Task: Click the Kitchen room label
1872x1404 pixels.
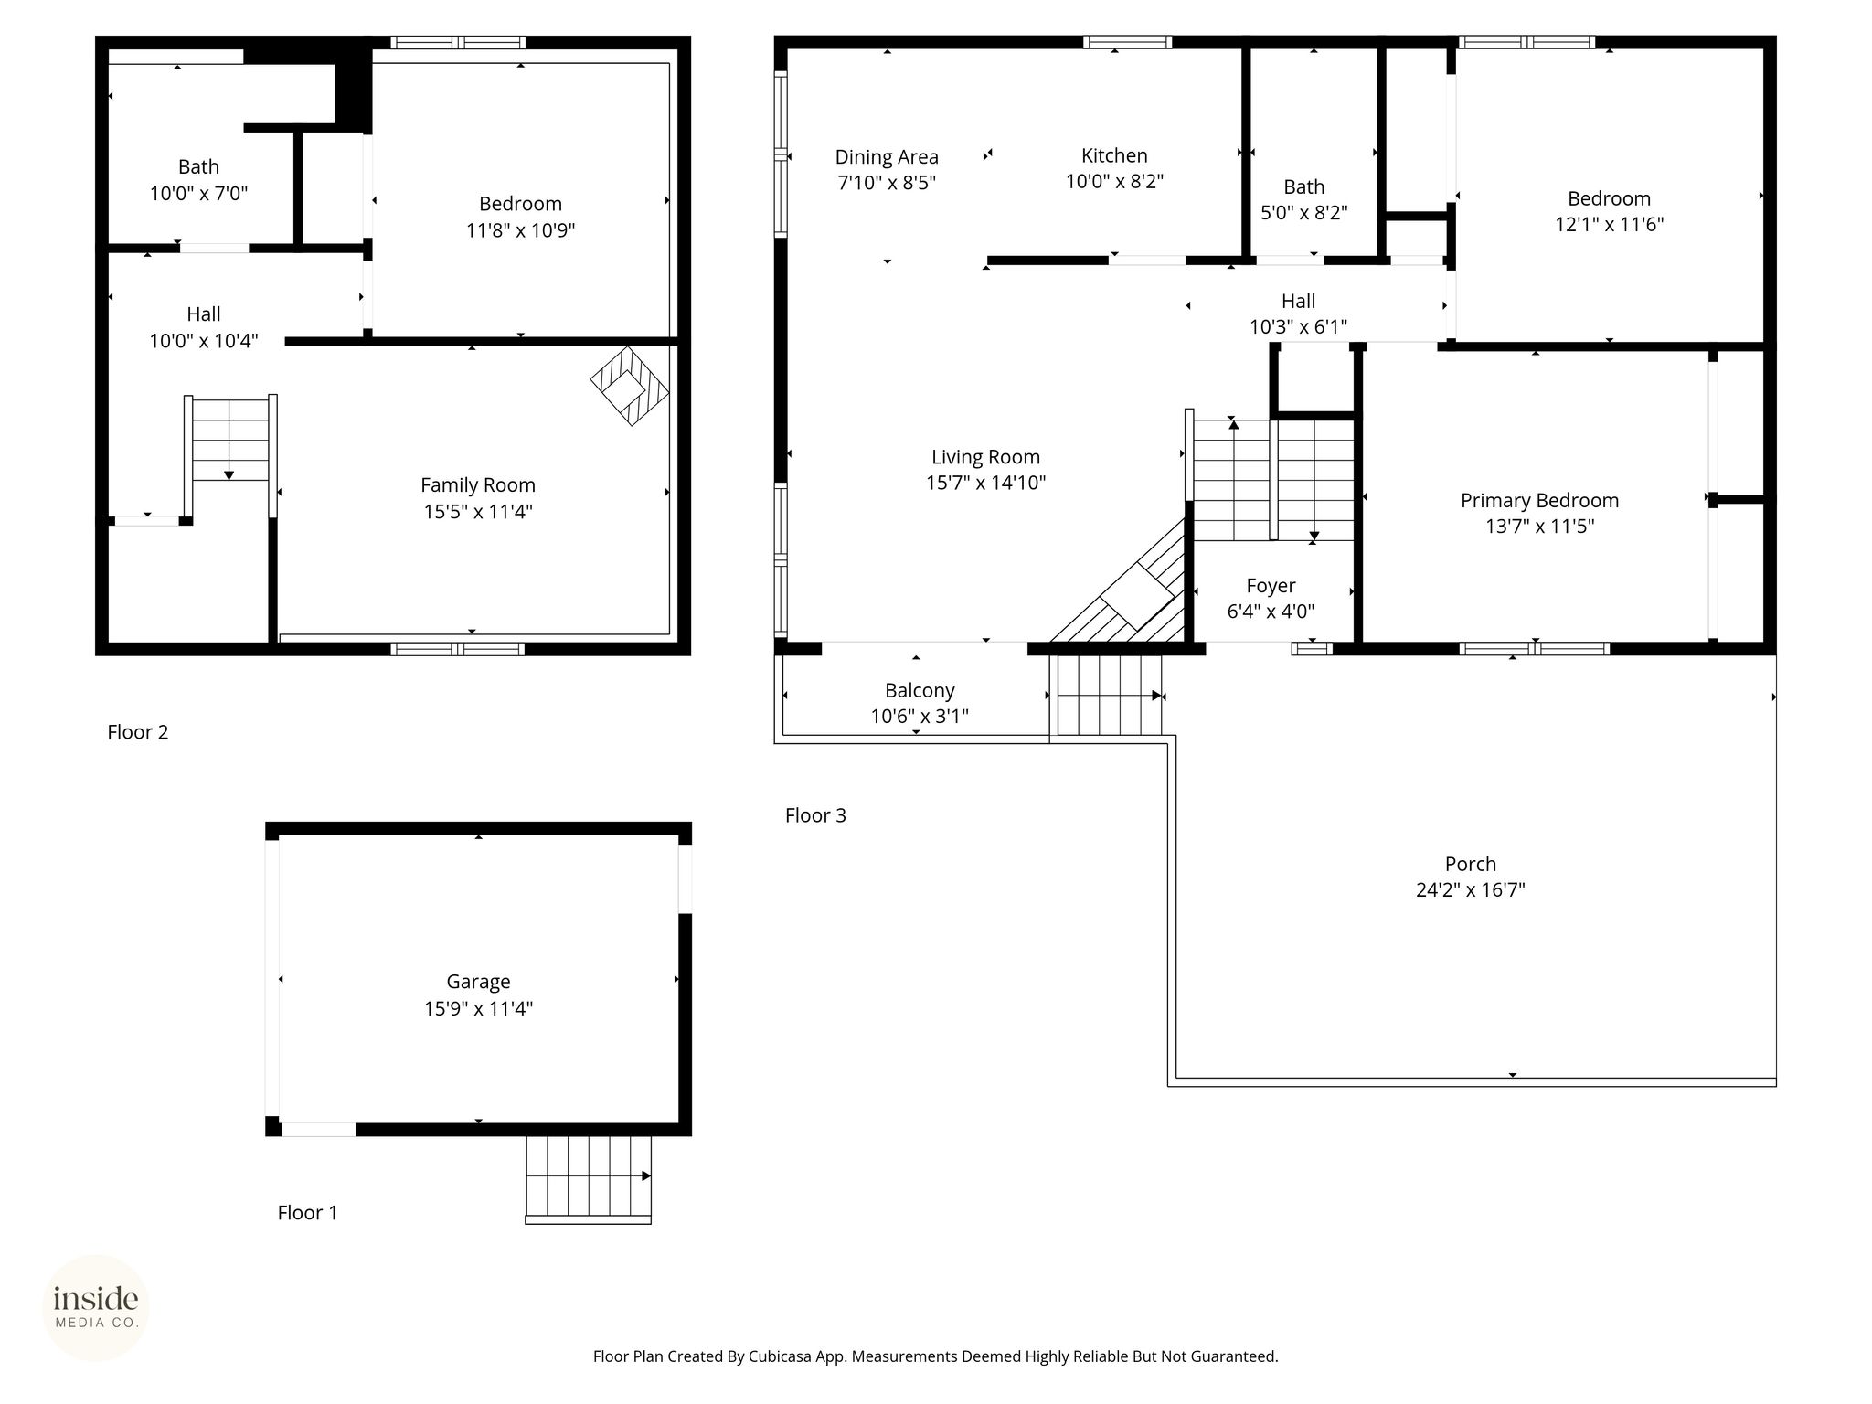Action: click(x=1114, y=155)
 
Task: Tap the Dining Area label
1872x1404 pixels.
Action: click(x=887, y=157)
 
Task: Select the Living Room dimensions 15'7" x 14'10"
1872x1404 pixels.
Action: click(x=985, y=483)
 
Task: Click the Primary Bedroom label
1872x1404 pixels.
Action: click(x=1539, y=501)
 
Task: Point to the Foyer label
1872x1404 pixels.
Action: click(x=1271, y=586)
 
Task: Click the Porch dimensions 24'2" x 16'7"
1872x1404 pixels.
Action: click(x=1471, y=889)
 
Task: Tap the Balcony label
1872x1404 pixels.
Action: click(x=920, y=691)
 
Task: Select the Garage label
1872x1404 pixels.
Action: click(x=478, y=982)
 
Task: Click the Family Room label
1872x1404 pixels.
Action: click(x=478, y=485)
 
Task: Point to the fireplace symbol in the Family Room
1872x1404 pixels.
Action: click(x=630, y=385)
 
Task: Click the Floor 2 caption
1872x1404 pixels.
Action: click(x=138, y=732)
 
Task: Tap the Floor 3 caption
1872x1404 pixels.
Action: click(x=815, y=815)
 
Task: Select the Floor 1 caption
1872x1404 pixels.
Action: click(x=307, y=1213)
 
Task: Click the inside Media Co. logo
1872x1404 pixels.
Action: click(x=96, y=1308)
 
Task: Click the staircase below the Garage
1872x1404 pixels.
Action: click(x=589, y=1179)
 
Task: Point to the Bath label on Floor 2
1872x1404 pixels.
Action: click(x=198, y=167)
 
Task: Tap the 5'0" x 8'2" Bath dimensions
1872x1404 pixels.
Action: click(x=1304, y=213)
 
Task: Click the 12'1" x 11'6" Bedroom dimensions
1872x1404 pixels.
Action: click(x=1610, y=224)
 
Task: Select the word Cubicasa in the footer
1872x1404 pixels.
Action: click(x=783, y=1356)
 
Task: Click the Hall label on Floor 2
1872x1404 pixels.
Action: click(x=204, y=314)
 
